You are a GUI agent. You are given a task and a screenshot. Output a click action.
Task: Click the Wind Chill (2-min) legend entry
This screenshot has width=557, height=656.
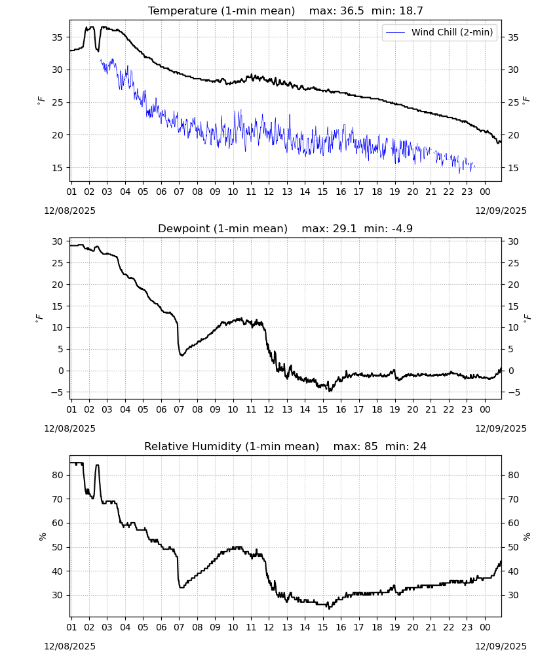click(440, 32)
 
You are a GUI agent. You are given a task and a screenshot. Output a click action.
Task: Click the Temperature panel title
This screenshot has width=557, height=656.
click(221, 11)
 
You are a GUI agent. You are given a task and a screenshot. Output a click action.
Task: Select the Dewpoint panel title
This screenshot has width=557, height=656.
click(223, 228)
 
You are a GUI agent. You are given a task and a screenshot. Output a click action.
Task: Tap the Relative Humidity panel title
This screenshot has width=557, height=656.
click(231, 446)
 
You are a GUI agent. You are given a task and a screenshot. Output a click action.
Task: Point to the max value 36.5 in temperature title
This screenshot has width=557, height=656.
click(353, 11)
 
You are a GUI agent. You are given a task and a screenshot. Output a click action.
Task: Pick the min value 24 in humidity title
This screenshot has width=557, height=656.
click(420, 446)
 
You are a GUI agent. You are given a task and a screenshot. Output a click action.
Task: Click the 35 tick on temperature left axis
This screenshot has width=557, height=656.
click(57, 37)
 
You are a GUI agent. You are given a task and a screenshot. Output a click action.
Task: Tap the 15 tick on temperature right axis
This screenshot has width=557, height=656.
click(512, 168)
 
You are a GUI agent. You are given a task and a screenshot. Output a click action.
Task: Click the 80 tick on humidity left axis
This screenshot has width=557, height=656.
click(57, 475)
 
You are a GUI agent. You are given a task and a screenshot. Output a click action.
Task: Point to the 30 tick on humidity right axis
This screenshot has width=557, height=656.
click(512, 595)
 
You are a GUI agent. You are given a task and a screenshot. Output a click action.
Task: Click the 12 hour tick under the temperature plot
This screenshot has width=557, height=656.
click(269, 192)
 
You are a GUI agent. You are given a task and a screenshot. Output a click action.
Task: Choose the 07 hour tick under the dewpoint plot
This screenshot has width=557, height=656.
click(179, 409)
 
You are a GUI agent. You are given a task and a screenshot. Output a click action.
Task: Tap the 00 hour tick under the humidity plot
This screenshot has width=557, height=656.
click(485, 627)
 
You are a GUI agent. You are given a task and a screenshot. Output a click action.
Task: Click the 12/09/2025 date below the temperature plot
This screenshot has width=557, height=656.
click(501, 211)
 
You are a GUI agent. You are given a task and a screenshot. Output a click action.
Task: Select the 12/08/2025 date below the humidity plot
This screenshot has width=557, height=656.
click(69, 646)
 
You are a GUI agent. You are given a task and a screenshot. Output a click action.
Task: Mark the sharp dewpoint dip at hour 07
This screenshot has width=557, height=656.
click(182, 355)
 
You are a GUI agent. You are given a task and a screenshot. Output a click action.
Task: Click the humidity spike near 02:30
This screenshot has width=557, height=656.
click(98, 465)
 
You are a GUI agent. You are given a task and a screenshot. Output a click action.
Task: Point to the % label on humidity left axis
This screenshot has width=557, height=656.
click(42, 537)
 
